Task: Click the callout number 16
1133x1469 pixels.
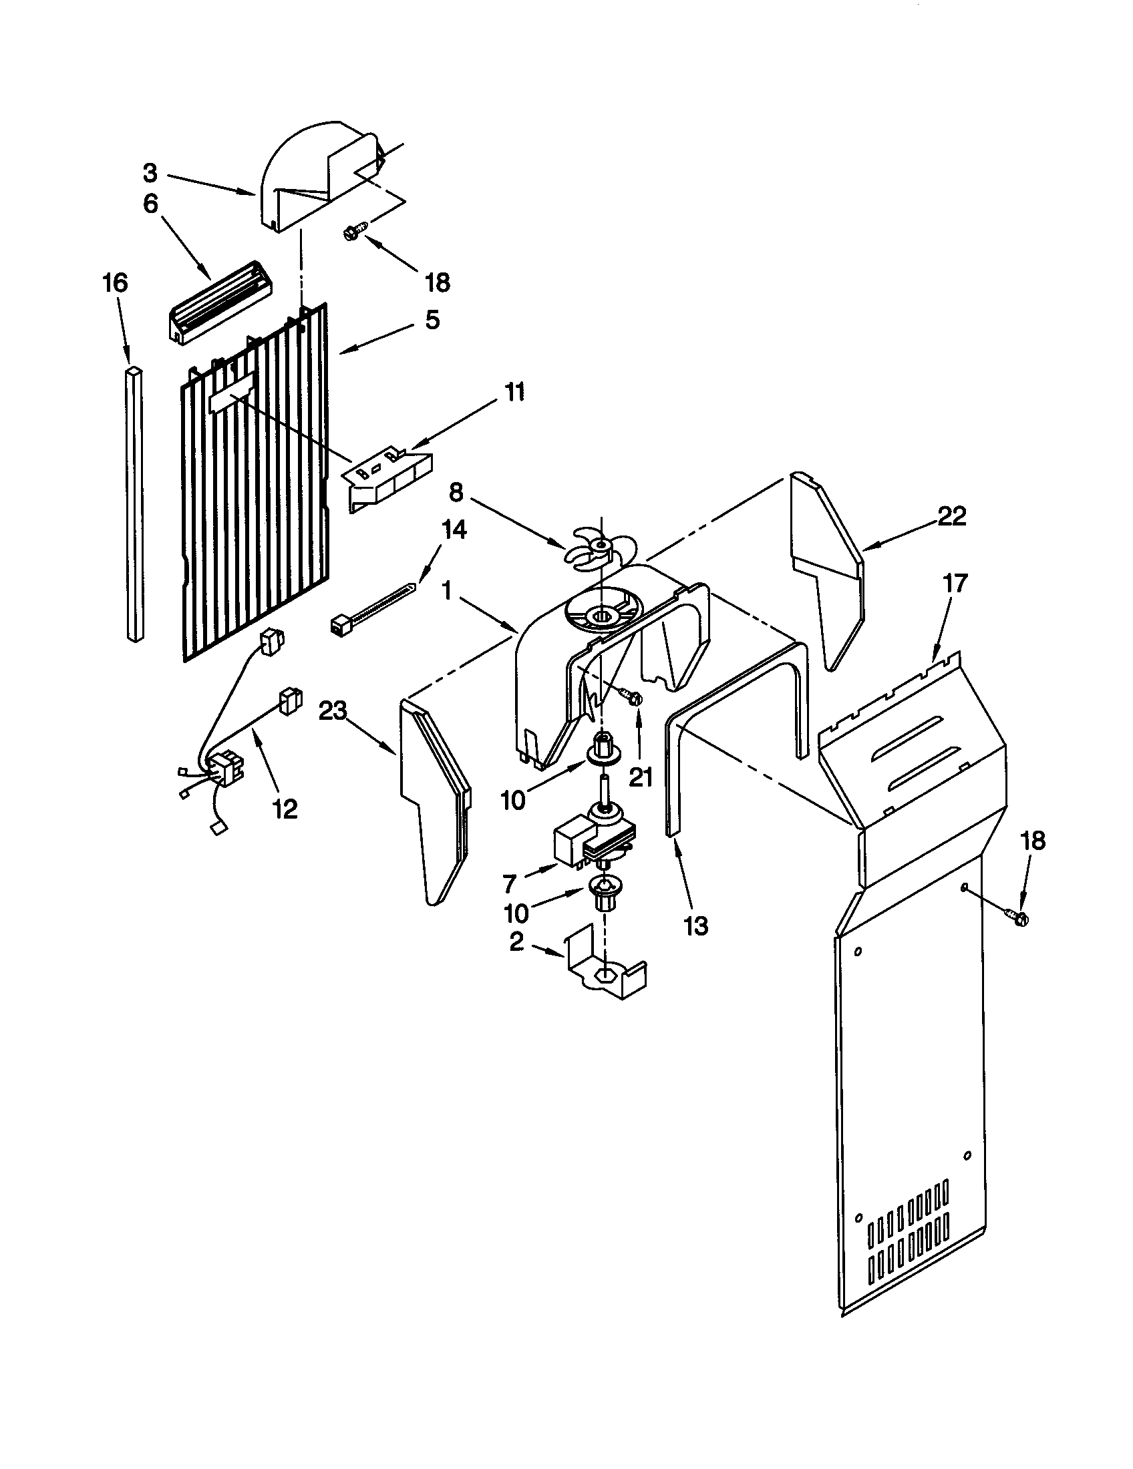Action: [x=115, y=282]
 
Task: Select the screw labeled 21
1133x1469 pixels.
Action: [x=632, y=697]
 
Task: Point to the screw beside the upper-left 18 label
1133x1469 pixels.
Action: [x=353, y=232]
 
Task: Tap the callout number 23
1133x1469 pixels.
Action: [x=332, y=711]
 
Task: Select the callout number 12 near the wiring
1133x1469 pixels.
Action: [x=285, y=809]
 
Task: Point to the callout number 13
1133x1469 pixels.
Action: [x=695, y=925]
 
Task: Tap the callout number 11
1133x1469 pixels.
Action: [x=514, y=392]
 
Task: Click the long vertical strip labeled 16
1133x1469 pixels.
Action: [x=134, y=504]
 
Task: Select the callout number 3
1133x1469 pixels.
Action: [x=150, y=173]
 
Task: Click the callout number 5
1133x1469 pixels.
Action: [x=432, y=320]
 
